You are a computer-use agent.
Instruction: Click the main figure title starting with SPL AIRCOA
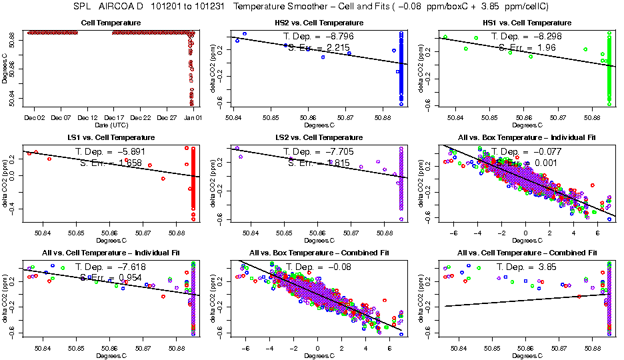tap(312, 7)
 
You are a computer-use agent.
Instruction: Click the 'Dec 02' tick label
tap(35, 118)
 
